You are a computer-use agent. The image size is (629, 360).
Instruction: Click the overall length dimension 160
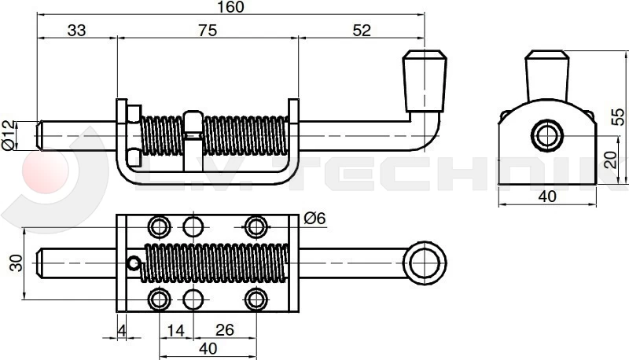click(229, 7)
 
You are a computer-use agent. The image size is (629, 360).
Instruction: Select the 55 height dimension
click(619, 116)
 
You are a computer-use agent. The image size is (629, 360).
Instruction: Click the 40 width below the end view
click(548, 197)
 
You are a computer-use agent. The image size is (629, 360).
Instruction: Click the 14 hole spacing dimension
click(176, 331)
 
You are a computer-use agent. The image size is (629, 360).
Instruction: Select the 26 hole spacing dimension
click(225, 331)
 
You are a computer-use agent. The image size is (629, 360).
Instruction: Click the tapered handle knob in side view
click(425, 80)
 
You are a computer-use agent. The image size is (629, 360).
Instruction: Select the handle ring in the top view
click(425, 261)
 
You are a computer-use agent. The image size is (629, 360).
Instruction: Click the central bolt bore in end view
click(547, 134)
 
